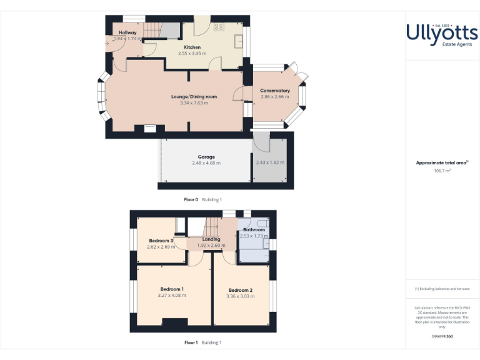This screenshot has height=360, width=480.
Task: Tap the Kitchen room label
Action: click(x=192, y=47)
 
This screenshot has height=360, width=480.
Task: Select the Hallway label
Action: click(x=127, y=32)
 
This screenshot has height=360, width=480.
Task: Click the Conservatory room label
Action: click(x=275, y=91)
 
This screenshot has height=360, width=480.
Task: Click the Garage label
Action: click(x=206, y=157)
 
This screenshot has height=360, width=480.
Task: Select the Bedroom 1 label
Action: click(x=172, y=289)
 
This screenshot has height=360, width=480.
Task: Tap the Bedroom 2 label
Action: click(x=241, y=290)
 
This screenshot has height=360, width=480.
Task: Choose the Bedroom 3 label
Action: click(x=161, y=241)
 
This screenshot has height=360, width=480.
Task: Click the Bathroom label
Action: click(x=254, y=230)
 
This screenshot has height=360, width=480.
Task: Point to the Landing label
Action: click(x=211, y=239)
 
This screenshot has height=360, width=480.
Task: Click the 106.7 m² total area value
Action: click(x=442, y=170)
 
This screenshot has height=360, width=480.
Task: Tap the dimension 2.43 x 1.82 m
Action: click(x=270, y=162)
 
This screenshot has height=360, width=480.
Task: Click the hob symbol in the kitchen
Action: click(x=219, y=26)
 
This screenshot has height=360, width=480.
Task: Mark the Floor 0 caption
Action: click(x=191, y=199)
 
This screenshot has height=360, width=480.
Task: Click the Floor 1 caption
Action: click(x=191, y=342)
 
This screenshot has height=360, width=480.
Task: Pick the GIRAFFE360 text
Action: click(x=442, y=337)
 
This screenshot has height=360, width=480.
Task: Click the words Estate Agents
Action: click(x=442, y=44)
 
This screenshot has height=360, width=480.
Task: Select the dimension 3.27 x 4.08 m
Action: click(x=172, y=295)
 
